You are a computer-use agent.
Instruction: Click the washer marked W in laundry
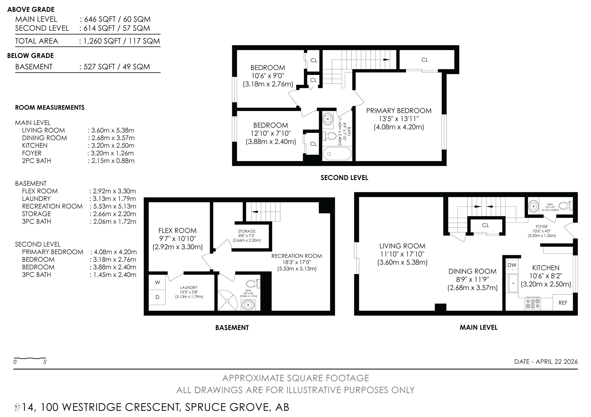tap(157, 282)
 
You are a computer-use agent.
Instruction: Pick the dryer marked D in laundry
tap(157, 297)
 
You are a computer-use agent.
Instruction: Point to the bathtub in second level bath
tap(337, 154)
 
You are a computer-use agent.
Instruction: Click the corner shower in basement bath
tap(227, 301)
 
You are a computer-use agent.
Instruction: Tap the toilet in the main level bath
tap(568, 206)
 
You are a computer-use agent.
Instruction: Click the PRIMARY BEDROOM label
tap(399, 111)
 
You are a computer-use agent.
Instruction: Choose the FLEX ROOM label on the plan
tap(177, 230)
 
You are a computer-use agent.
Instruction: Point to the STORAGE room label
tap(247, 231)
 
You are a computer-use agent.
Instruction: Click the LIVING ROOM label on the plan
tap(402, 246)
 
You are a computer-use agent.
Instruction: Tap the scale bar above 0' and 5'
tap(30, 358)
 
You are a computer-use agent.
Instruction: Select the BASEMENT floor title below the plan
tap(232, 327)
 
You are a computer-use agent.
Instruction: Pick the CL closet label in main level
tap(485, 225)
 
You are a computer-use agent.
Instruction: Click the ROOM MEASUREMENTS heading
tap(50, 107)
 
